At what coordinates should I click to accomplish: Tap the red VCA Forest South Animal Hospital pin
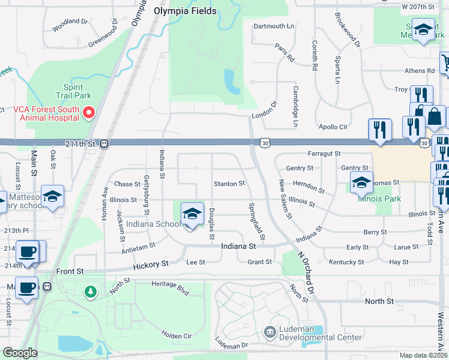89,112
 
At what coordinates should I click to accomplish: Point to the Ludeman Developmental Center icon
270,332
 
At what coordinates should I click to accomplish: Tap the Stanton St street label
229,184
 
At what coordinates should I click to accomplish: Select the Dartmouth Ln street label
274,26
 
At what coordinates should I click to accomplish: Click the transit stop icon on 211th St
104,144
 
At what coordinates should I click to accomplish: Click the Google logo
20,353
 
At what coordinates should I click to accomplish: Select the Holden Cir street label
175,335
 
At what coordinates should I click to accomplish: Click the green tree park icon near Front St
90,292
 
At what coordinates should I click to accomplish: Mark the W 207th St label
418,6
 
